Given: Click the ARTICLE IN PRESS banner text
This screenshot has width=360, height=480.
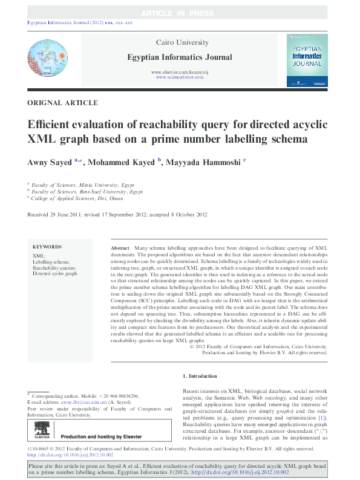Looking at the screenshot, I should [180, 13].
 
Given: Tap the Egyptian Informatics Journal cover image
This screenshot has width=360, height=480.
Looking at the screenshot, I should [307, 59].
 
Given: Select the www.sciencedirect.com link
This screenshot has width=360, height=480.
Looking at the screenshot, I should [180, 78].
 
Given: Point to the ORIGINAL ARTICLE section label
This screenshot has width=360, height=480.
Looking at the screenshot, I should [63, 103].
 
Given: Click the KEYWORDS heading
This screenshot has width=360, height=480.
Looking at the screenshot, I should [47, 247].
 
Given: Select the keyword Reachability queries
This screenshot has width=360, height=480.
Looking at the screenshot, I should [54, 267].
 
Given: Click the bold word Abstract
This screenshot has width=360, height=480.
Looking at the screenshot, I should [120, 248].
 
